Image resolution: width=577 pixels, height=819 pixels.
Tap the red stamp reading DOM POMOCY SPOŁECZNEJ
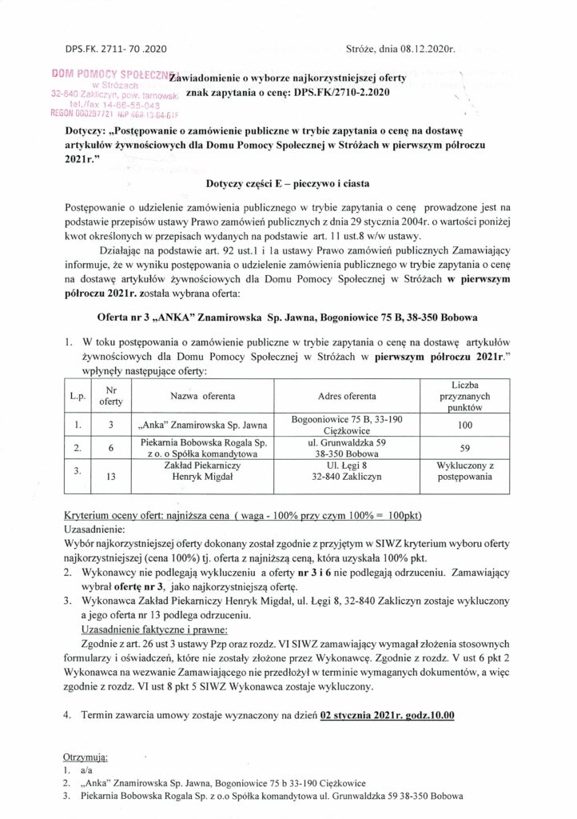pyautogui.click(x=114, y=74)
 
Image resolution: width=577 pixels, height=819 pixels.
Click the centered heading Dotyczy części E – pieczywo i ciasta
pyautogui.click(x=288, y=183)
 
